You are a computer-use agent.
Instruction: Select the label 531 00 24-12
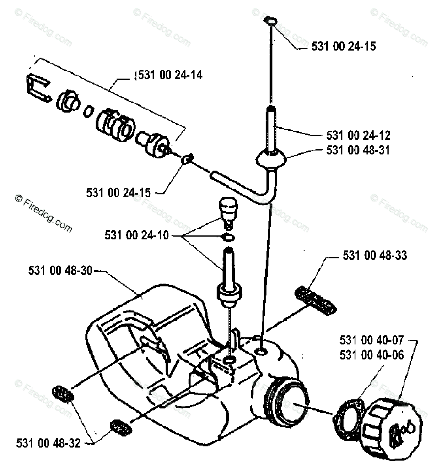[x=359, y=135]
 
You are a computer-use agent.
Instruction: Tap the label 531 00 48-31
[x=359, y=150]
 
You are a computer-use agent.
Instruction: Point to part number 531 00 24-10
[x=136, y=236]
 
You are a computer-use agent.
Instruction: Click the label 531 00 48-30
[x=60, y=271]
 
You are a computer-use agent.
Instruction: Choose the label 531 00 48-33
[x=375, y=256]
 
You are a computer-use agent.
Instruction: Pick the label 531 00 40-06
[x=372, y=355]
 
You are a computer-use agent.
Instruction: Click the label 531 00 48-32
[x=48, y=443]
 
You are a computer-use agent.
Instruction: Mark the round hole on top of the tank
[x=262, y=350]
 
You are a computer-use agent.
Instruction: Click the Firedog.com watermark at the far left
[x=43, y=213]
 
